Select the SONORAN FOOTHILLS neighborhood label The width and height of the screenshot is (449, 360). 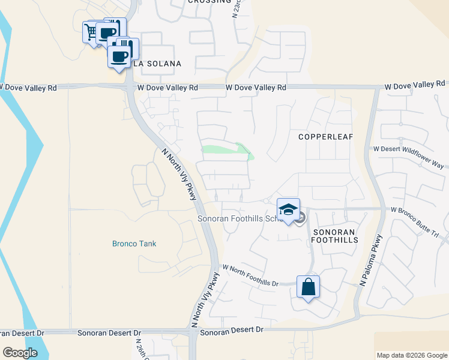click(x=335, y=235)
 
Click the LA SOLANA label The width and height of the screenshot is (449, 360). click(x=157, y=64)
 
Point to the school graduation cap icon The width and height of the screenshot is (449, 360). click(x=289, y=210)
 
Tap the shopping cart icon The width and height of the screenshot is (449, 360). click(x=92, y=32)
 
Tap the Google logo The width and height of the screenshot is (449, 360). click(x=20, y=353)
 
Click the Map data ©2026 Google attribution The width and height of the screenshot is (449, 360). click(x=411, y=355)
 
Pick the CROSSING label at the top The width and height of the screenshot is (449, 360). click(x=209, y=2)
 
